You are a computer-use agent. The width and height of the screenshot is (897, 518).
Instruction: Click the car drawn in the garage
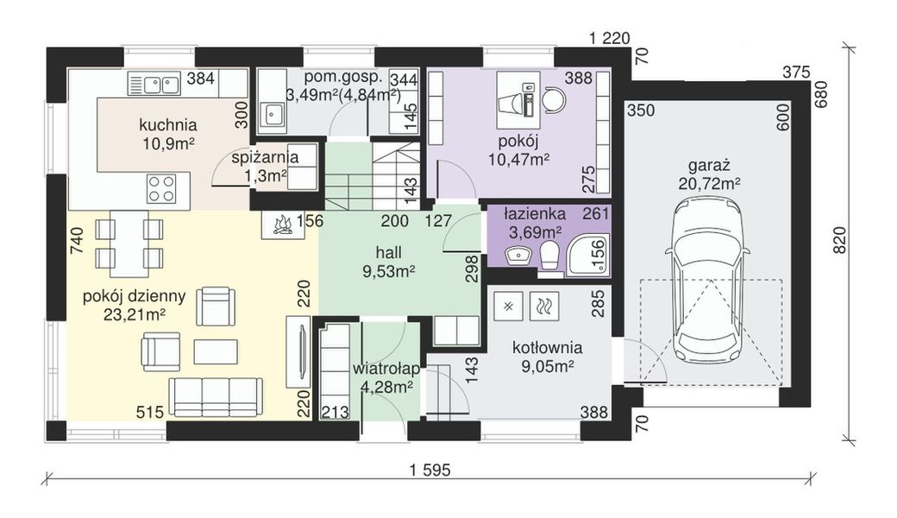pyautogui.click(x=708, y=281)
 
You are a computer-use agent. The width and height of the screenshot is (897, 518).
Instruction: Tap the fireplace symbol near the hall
pyautogui.click(x=280, y=225)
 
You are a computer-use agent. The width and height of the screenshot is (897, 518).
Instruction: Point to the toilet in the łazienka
pyautogui.click(x=549, y=256)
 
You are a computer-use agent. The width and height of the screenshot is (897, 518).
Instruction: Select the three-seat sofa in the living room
pyautogui.click(x=216, y=396)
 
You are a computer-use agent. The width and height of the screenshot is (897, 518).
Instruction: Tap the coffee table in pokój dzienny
pyautogui.click(x=216, y=351)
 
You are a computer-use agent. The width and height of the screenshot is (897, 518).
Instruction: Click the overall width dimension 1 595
pyautogui.click(x=430, y=471)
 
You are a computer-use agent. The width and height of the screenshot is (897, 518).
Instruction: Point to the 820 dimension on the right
pyautogui.click(x=839, y=240)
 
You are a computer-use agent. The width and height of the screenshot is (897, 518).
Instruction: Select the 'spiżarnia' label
pyautogui.click(x=265, y=157)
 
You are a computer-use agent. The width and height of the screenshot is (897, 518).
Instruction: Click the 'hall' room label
pyautogui.click(x=388, y=252)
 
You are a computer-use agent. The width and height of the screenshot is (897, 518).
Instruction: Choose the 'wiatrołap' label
pyautogui.click(x=386, y=369)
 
